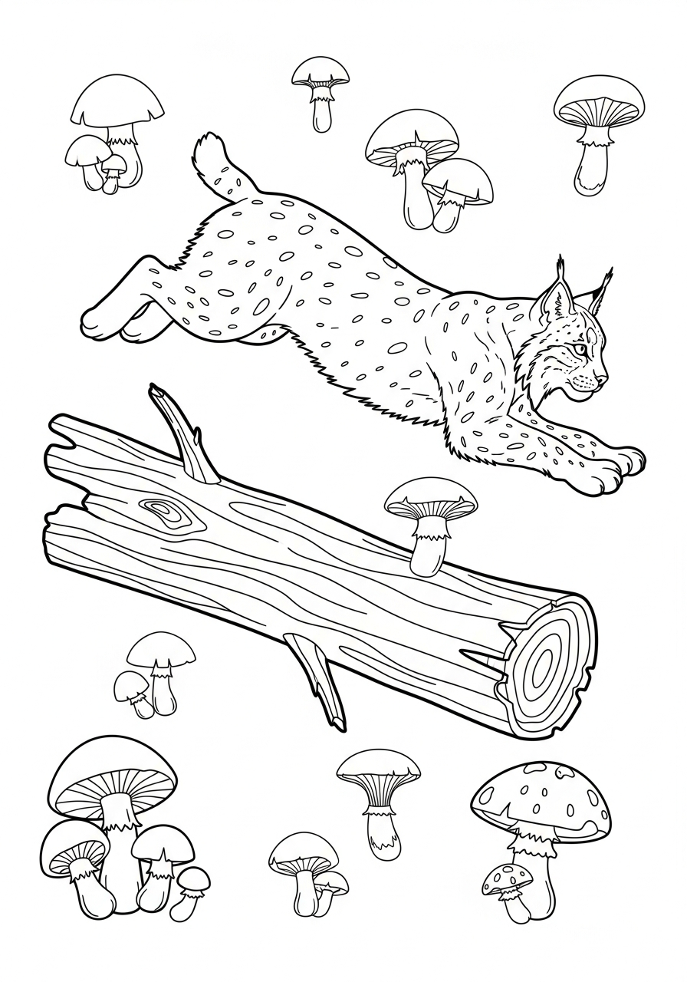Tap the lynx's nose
pyautogui.click(x=605, y=377)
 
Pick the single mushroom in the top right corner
pyautogui.click(x=599, y=130)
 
